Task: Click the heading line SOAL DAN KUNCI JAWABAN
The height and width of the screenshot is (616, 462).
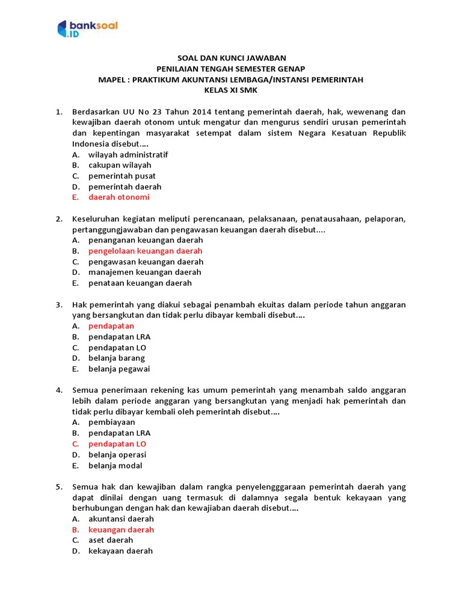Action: pyautogui.click(x=231, y=58)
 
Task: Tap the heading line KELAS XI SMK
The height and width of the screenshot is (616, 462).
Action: pyautogui.click(x=231, y=90)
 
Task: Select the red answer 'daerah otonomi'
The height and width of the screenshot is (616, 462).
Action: pyautogui.click(x=119, y=197)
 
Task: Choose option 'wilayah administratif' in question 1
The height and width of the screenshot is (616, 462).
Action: pyautogui.click(x=128, y=155)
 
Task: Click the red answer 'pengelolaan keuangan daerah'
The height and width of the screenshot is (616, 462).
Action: pyautogui.click(x=145, y=251)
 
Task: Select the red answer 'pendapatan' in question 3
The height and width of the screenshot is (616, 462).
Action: pyautogui.click(x=111, y=326)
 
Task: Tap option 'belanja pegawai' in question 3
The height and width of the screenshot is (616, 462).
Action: pyautogui.click(x=119, y=369)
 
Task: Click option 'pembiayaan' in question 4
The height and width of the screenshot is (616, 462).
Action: pyautogui.click(x=111, y=422)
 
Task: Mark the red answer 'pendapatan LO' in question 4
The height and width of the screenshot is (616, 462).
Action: pyautogui.click(x=117, y=444)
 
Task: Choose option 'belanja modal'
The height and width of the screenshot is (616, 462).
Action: pyautogui.click(x=115, y=466)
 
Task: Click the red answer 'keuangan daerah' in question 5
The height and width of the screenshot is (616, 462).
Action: pyautogui.click(x=121, y=530)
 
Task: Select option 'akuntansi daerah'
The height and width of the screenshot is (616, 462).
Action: pyautogui.click(x=121, y=519)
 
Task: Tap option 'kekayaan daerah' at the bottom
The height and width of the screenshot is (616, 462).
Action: pyautogui.click(x=120, y=551)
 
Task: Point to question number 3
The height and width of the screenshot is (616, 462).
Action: pyautogui.click(x=59, y=305)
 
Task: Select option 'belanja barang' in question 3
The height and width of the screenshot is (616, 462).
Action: pyautogui.click(x=116, y=359)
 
